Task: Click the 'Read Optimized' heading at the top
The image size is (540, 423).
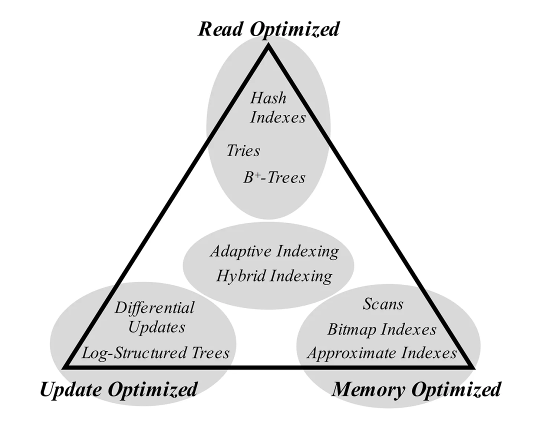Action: [268, 28]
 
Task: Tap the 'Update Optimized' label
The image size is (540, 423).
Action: [118, 389]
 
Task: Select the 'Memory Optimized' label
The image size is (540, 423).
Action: [416, 389]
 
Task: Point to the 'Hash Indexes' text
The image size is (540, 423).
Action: [277, 107]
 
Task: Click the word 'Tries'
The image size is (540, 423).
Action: [243, 150]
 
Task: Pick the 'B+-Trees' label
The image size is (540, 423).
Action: [274, 177]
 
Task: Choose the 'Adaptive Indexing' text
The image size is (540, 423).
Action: [274, 251]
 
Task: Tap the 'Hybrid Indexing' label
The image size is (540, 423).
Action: [274, 275]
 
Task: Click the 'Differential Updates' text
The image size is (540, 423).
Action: [154, 317]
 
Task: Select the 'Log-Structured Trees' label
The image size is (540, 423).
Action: [155, 353]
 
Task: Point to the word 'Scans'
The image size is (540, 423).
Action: [383, 303]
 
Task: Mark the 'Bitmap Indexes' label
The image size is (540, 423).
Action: [382, 329]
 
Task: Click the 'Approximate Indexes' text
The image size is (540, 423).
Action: [382, 353]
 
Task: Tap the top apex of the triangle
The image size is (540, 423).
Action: [269, 46]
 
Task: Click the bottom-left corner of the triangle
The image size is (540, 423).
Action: [65, 367]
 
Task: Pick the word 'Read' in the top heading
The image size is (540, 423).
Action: [221, 28]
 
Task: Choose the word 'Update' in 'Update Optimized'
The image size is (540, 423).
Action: [70, 389]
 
